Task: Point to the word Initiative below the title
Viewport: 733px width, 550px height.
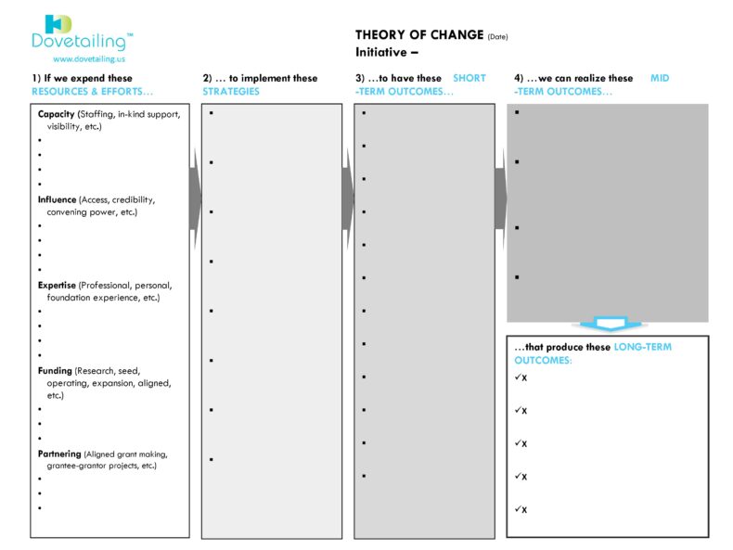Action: (x=380, y=52)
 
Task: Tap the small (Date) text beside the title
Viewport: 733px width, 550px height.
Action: (x=497, y=37)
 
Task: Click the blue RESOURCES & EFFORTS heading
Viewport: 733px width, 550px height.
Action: (x=92, y=92)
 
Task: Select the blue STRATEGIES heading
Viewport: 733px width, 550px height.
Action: (x=231, y=92)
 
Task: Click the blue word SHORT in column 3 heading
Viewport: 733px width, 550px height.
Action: (x=469, y=79)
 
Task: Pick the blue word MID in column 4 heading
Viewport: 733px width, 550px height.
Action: (x=660, y=79)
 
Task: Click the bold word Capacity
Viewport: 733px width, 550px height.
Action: (x=57, y=114)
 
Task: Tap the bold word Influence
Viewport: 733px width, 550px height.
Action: (x=58, y=199)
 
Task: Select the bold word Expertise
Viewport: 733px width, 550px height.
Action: (x=58, y=285)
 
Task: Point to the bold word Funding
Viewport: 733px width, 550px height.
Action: (x=55, y=370)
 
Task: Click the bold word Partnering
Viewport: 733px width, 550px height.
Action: (x=59, y=454)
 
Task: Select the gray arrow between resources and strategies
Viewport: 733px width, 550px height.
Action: (x=195, y=198)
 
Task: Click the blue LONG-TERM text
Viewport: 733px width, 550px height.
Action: (x=642, y=347)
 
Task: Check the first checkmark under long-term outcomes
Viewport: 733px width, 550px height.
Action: (x=518, y=377)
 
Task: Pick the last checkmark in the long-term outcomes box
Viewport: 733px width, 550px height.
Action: (x=518, y=508)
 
